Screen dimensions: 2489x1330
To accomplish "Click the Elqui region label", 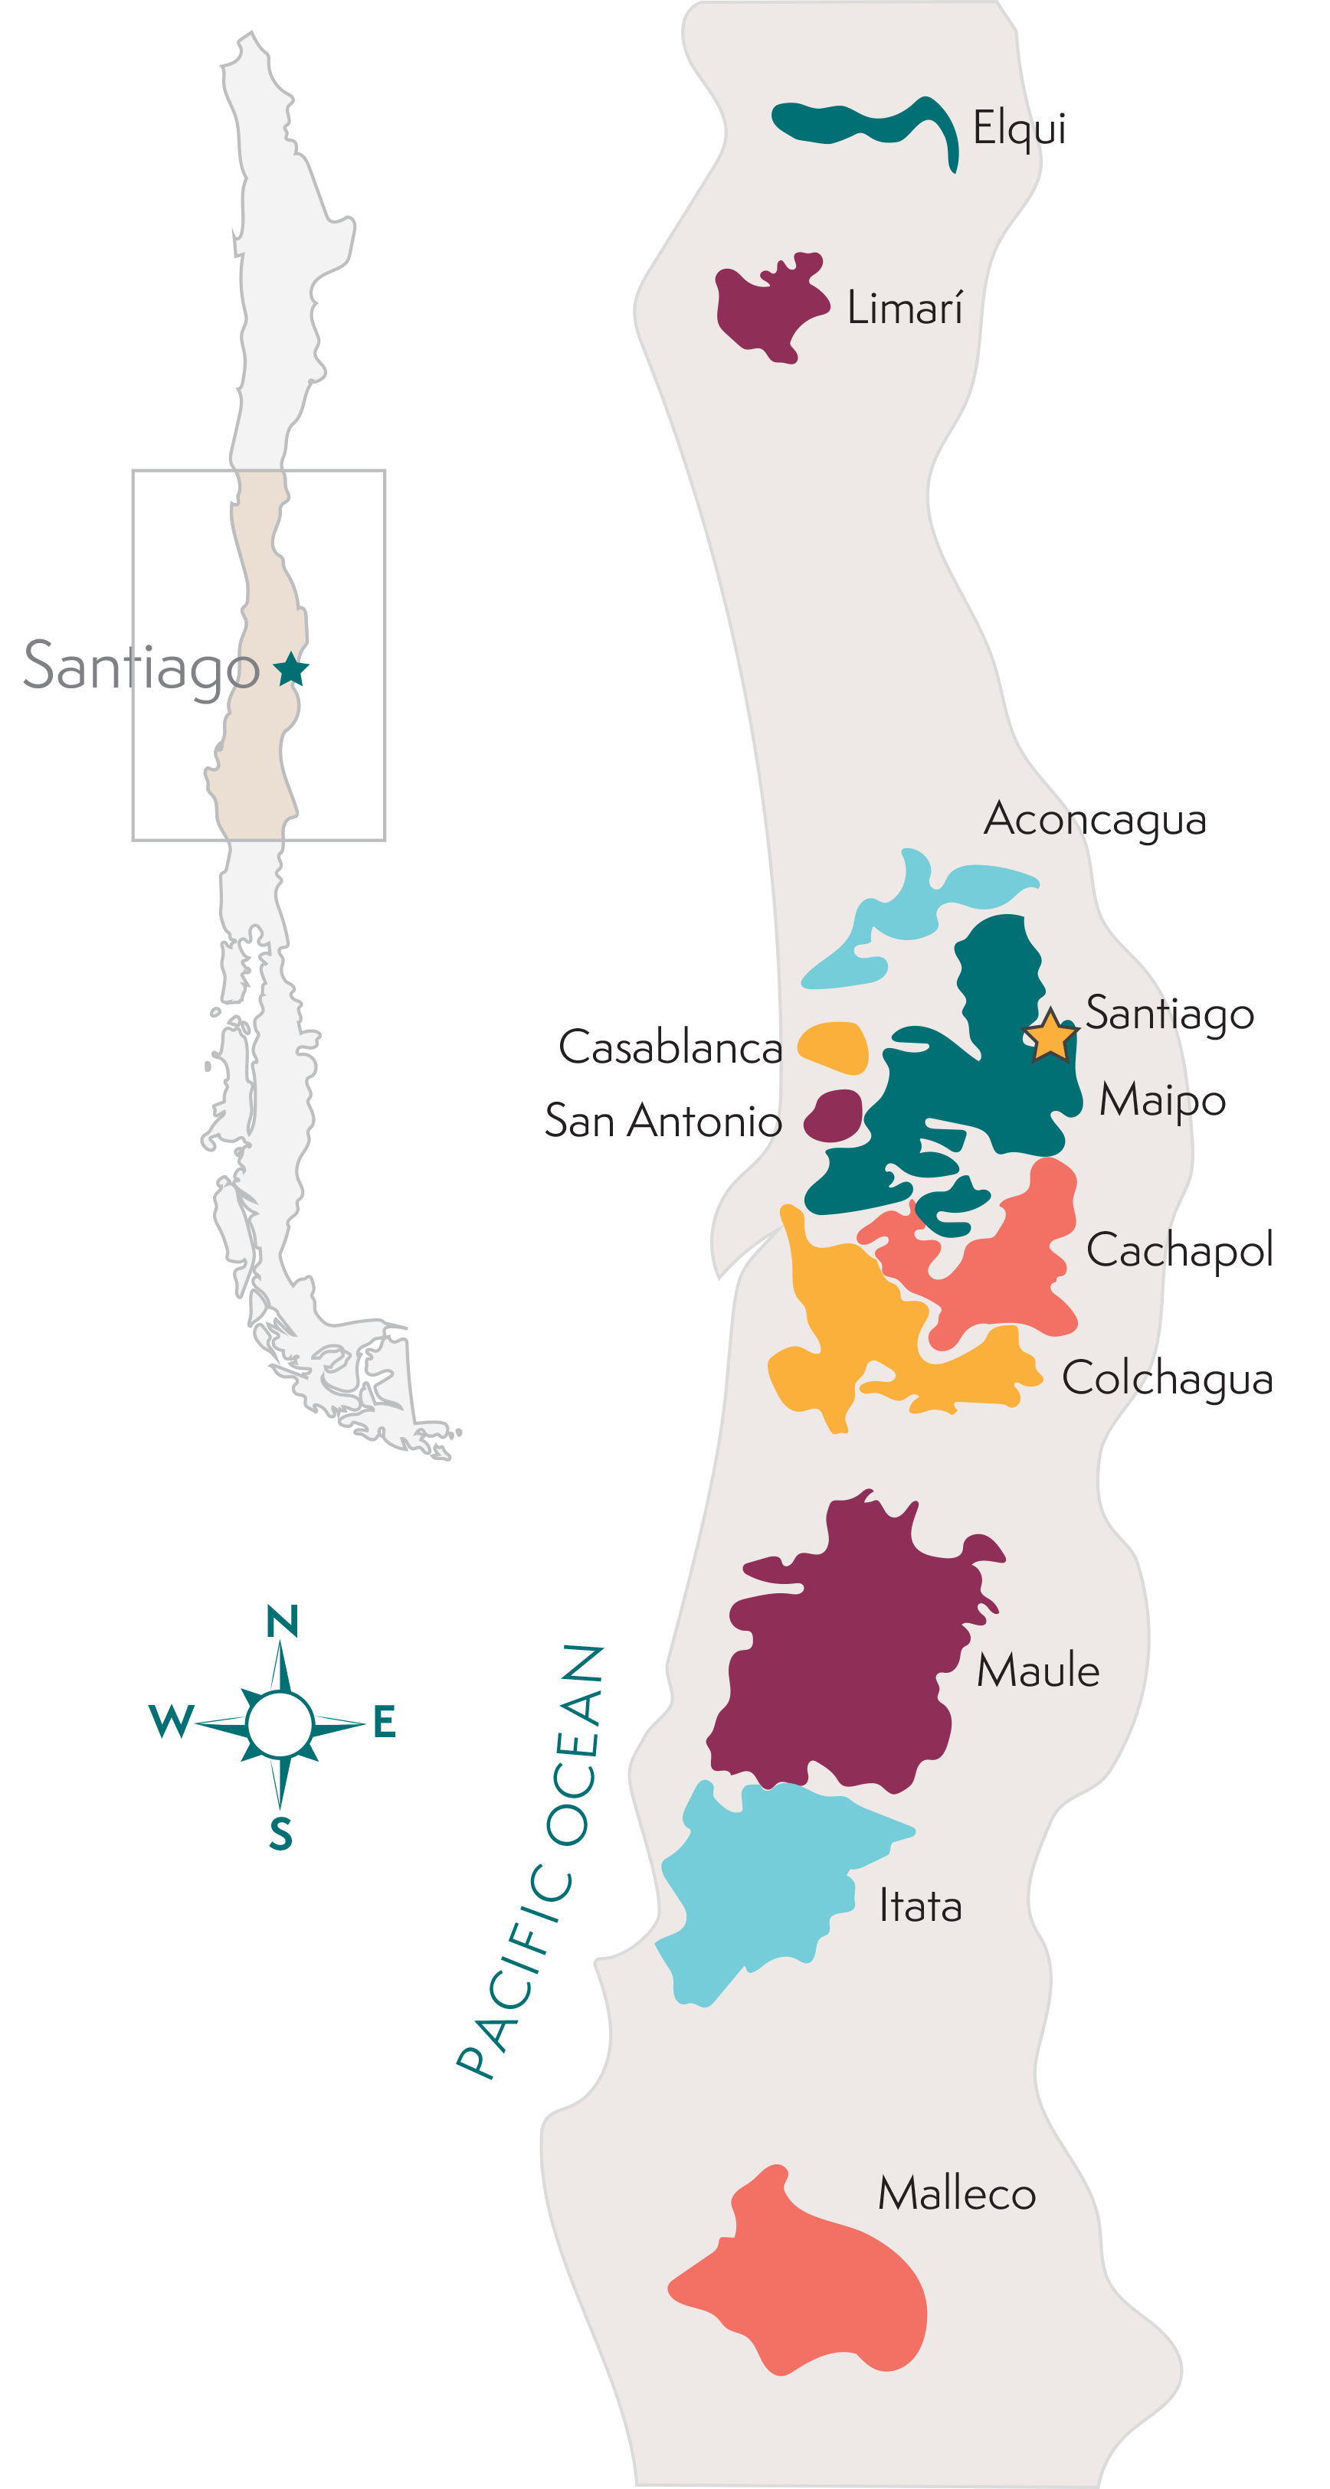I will (1019, 129).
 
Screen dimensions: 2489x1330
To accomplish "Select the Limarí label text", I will (905, 309).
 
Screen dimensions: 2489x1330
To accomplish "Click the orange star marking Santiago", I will (1050, 1037).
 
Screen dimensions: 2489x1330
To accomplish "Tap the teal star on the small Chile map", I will (291, 668).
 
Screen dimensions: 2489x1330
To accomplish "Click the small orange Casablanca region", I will (834, 1047).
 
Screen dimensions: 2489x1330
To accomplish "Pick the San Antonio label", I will (662, 1121).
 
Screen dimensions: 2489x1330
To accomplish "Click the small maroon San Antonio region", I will (834, 1116).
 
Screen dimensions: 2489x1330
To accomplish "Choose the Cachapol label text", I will (1179, 1251).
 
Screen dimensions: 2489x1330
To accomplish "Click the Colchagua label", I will (1167, 1379).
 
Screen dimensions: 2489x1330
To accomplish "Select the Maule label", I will (1038, 1671).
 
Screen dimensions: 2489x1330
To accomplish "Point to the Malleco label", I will (957, 2194).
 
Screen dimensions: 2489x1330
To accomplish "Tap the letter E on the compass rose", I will (384, 1722).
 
